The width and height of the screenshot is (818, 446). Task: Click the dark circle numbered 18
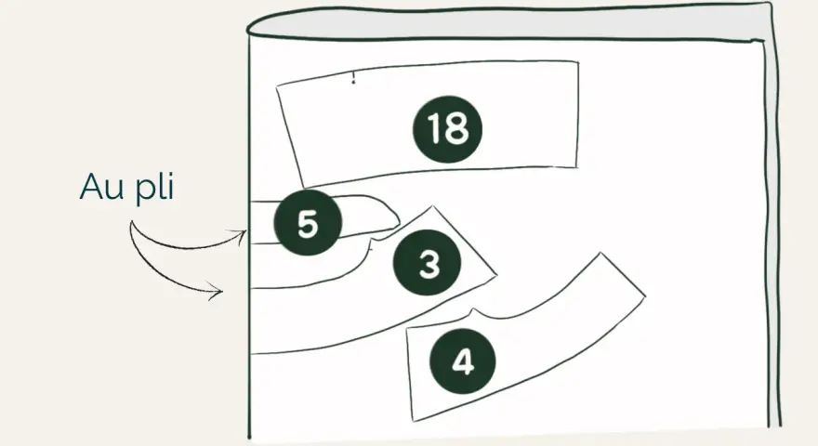[x=448, y=129]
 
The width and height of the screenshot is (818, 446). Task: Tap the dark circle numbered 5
[x=308, y=222]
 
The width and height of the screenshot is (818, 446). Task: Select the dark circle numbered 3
[x=427, y=262]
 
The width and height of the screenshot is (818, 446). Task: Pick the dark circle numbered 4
[x=462, y=361]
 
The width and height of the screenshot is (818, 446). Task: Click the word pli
[x=154, y=188]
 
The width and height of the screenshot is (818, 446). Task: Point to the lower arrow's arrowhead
[x=217, y=291]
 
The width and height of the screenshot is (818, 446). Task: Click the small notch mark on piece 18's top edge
[x=354, y=78]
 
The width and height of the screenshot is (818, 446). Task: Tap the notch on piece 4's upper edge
[x=474, y=312]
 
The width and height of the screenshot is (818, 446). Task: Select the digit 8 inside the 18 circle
[x=458, y=129]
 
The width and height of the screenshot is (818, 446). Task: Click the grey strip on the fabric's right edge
[x=772, y=230]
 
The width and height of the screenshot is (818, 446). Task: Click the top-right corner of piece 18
[x=578, y=62]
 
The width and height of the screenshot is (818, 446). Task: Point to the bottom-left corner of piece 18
[x=304, y=187]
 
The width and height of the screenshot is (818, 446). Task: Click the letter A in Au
[x=90, y=186]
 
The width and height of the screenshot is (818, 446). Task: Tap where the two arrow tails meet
[x=131, y=222]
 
